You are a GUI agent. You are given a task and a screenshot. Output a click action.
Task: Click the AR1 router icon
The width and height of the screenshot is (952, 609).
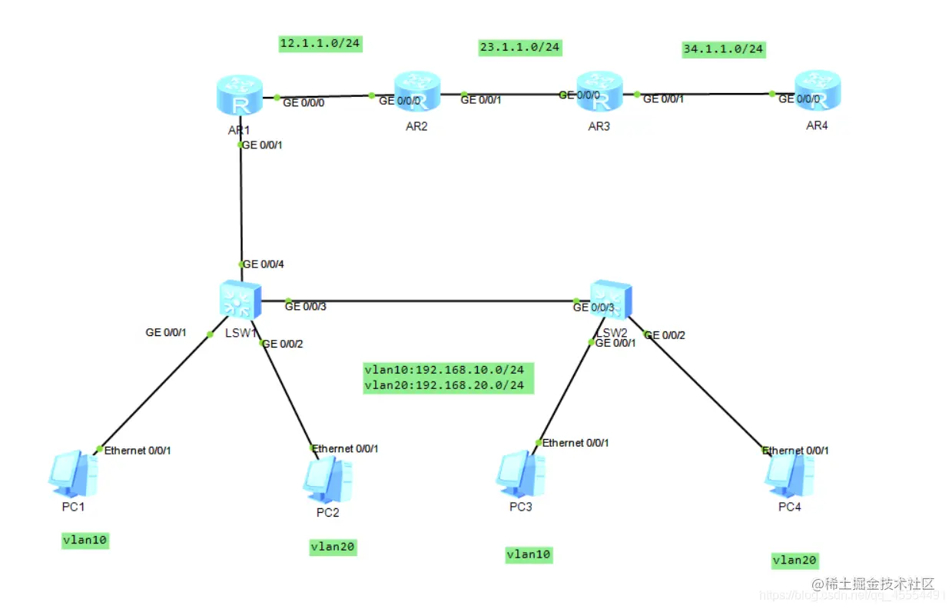point(240,98)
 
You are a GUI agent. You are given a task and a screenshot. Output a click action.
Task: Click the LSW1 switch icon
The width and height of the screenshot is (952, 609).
point(240,298)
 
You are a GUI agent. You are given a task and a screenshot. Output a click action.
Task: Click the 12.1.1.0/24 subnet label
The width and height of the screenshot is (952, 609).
point(320,43)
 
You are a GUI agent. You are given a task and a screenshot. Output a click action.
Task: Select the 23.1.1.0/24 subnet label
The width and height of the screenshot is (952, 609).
point(520,48)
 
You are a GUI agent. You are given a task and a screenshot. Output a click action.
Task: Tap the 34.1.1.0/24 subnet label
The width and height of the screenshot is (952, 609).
point(723,49)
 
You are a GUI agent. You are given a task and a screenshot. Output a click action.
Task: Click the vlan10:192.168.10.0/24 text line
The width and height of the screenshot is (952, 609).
point(449,370)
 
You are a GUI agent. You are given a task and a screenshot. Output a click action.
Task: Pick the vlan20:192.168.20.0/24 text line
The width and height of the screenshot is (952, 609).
point(449,384)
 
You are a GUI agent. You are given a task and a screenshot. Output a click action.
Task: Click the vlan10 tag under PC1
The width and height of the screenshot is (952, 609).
point(85,541)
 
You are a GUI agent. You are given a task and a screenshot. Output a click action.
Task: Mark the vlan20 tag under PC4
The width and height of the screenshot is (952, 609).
point(794,561)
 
